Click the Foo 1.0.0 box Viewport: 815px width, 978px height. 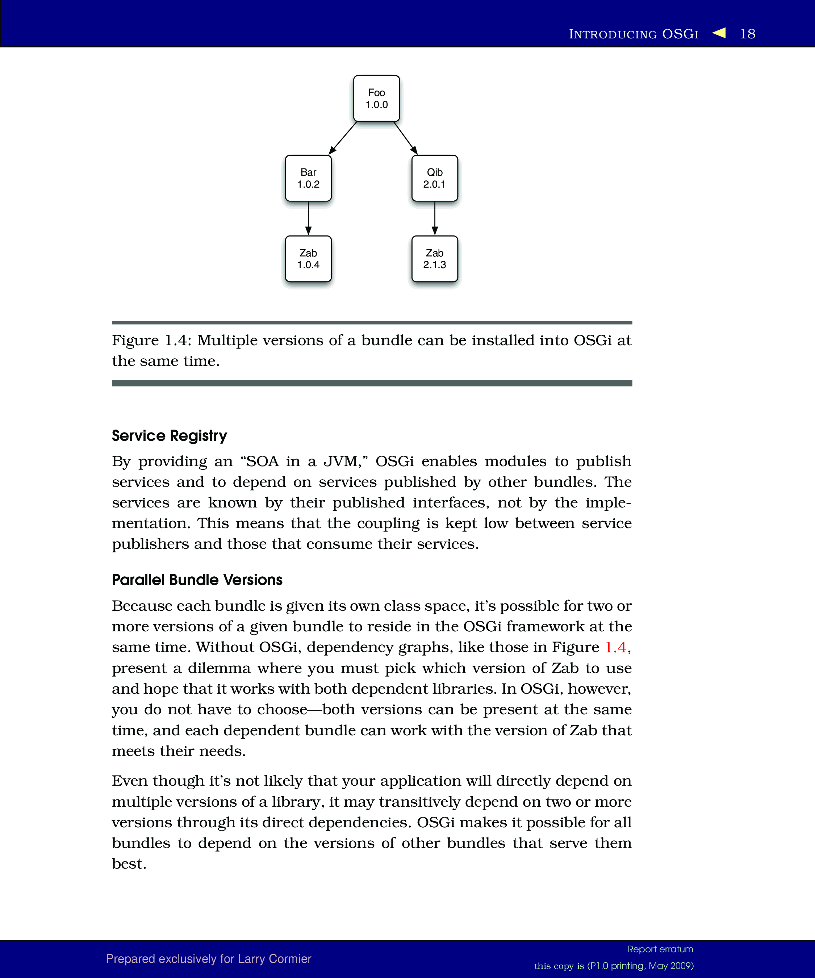[376, 98]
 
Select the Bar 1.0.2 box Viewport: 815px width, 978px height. [308, 178]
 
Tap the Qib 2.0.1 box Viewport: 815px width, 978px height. [435, 178]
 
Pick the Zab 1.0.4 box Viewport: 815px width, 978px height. [308, 259]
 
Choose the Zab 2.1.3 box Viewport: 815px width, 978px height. [435, 259]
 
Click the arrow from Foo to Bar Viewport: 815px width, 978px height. [343, 138]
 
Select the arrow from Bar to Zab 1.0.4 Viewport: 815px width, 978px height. [308, 218]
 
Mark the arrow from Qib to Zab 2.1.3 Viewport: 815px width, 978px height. [435, 218]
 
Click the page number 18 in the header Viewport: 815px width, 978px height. [748, 34]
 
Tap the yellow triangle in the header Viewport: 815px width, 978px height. [719, 33]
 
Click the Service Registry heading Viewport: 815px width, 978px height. [170, 435]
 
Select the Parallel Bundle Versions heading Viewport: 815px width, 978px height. [197, 580]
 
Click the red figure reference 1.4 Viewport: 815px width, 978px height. [615, 647]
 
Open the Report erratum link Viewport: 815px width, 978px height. [660, 949]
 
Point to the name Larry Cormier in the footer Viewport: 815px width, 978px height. [274, 959]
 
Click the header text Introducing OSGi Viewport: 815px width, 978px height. [634, 34]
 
